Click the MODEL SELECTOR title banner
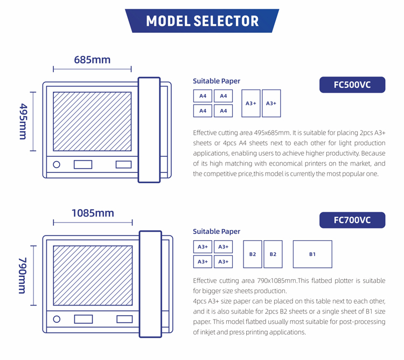[x=202, y=21]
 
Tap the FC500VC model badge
[x=352, y=85]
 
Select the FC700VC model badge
[x=352, y=220]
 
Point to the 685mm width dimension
[x=92, y=59]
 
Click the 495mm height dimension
[x=23, y=121]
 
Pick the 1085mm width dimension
[x=93, y=213]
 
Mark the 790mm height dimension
[x=23, y=275]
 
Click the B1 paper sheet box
[x=312, y=254]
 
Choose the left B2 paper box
[x=253, y=254]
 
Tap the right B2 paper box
[x=273, y=254]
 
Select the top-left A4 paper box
[x=203, y=96]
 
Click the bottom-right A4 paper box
[x=223, y=111]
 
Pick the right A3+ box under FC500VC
[x=271, y=103]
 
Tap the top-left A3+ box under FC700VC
[x=203, y=247]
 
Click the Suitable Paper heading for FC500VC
[x=217, y=81]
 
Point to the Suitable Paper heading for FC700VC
[x=217, y=232]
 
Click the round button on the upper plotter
[x=57, y=164]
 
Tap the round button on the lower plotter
[x=57, y=319]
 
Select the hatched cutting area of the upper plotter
[x=92, y=121]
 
